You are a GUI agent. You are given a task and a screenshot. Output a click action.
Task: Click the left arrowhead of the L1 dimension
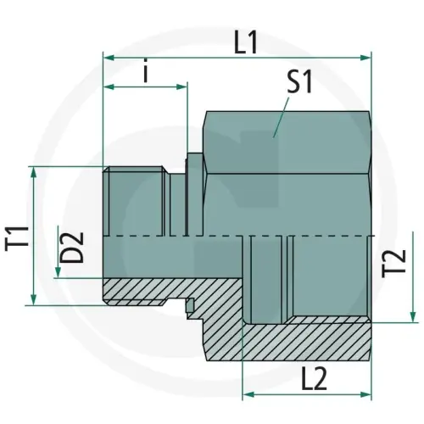point(107,58)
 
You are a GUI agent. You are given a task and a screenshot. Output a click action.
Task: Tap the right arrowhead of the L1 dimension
point(367,58)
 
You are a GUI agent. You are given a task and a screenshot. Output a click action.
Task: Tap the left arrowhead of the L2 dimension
point(248,395)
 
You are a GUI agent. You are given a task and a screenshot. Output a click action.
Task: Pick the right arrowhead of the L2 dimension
point(367,395)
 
